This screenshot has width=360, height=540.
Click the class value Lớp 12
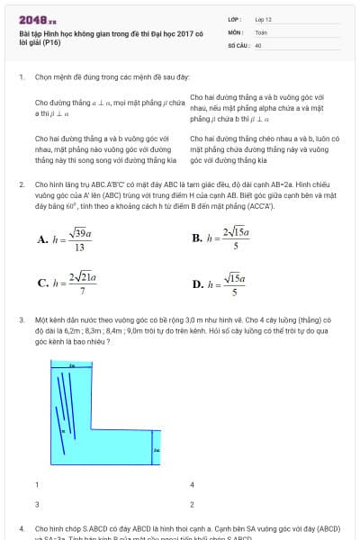[x=264, y=18]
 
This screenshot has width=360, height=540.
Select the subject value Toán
[x=261, y=31]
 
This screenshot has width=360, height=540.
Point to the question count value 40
[x=258, y=44]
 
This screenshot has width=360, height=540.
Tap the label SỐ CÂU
[x=238, y=44]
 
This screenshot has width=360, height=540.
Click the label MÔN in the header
[x=235, y=31]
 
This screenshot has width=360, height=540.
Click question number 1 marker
[x=21, y=77]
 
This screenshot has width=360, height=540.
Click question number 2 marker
[x=21, y=184]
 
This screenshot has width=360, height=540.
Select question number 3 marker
[x=21, y=319]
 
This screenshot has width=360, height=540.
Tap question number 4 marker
[x=21, y=528]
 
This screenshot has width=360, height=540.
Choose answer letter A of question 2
[x=42, y=239]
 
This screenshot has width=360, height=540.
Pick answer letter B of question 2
[x=197, y=238]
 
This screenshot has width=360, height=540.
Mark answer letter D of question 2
[x=197, y=284]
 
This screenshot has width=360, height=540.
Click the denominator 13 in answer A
[x=79, y=247]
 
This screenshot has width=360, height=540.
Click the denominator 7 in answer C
[x=83, y=291]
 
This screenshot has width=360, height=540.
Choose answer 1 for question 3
[x=37, y=484]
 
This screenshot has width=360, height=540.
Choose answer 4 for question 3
[x=193, y=484]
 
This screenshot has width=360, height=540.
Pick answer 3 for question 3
[x=37, y=504]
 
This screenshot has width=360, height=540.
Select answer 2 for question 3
[x=193, y=504]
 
